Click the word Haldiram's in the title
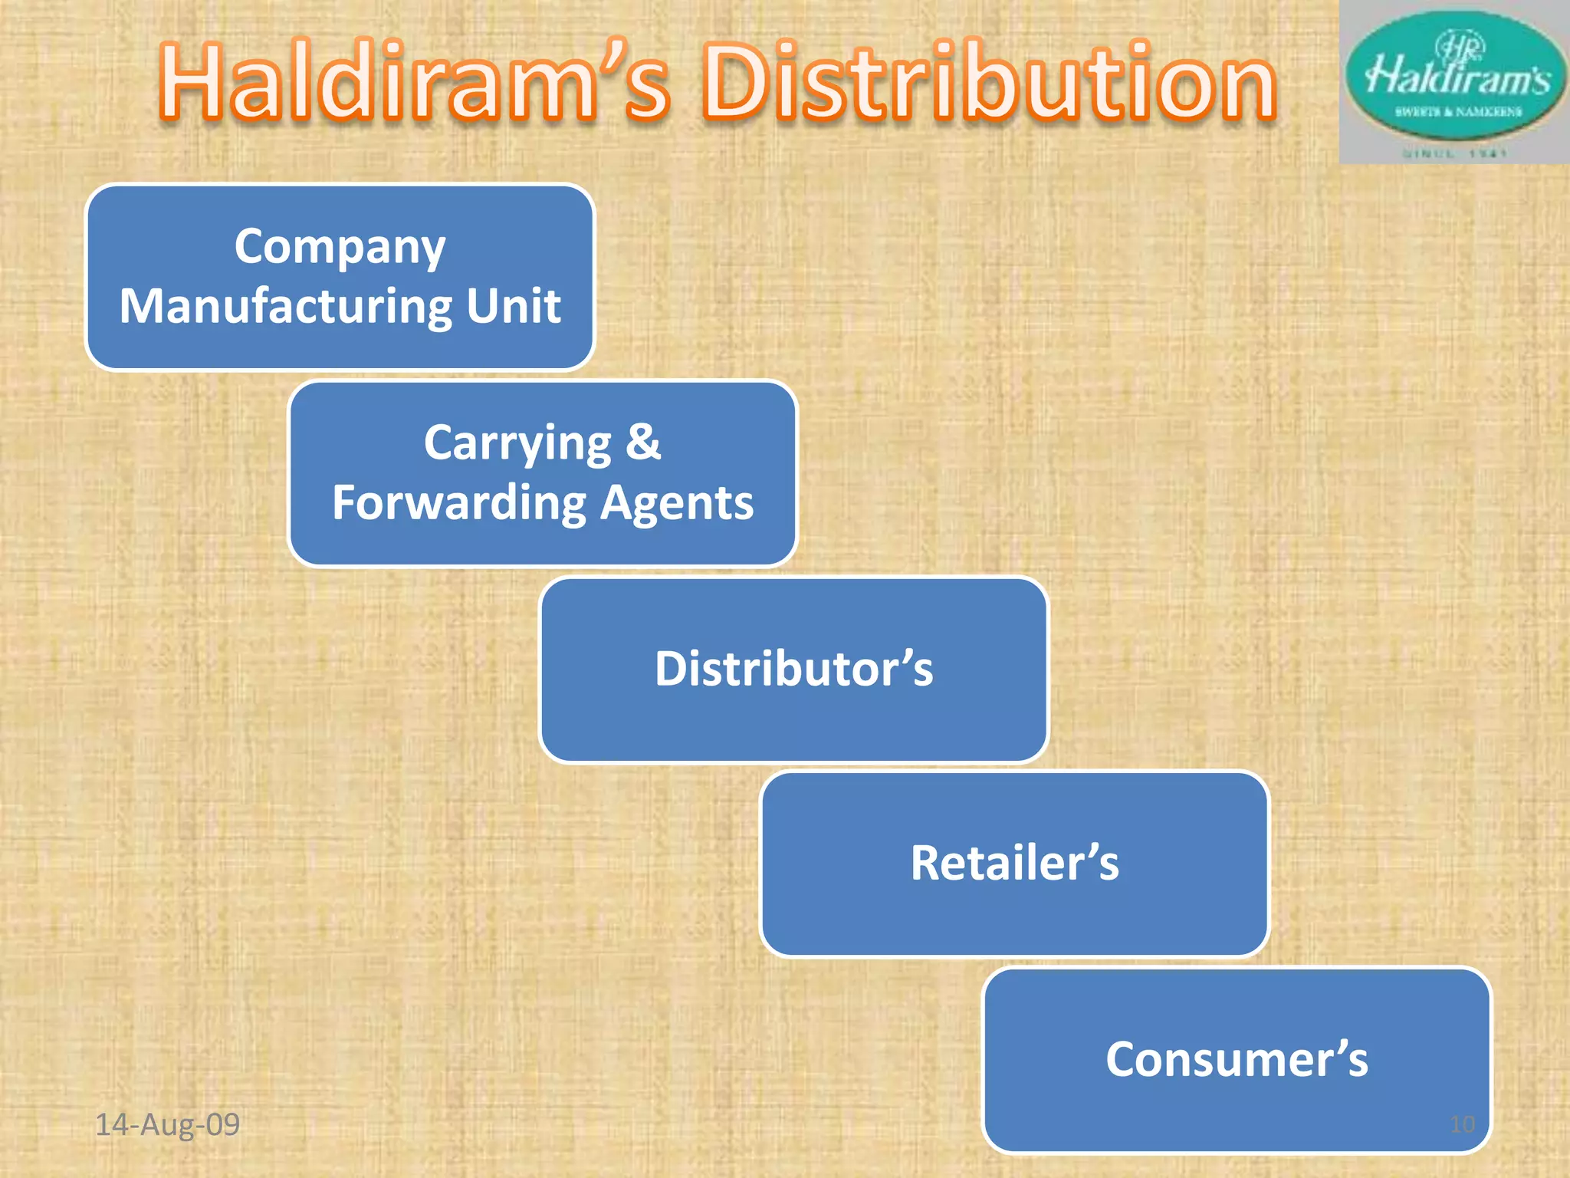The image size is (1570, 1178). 414,83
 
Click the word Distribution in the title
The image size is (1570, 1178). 989,83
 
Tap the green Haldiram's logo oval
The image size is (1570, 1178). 1455,77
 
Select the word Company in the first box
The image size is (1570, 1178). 340,247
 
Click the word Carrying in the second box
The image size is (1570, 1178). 517,443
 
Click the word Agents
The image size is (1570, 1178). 677,504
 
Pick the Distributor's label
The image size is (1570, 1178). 793,669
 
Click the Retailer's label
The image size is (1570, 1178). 1014,863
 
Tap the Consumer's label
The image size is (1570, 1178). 1236,1059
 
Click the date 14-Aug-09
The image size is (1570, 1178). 167,1124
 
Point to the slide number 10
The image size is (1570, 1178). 1462,1124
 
